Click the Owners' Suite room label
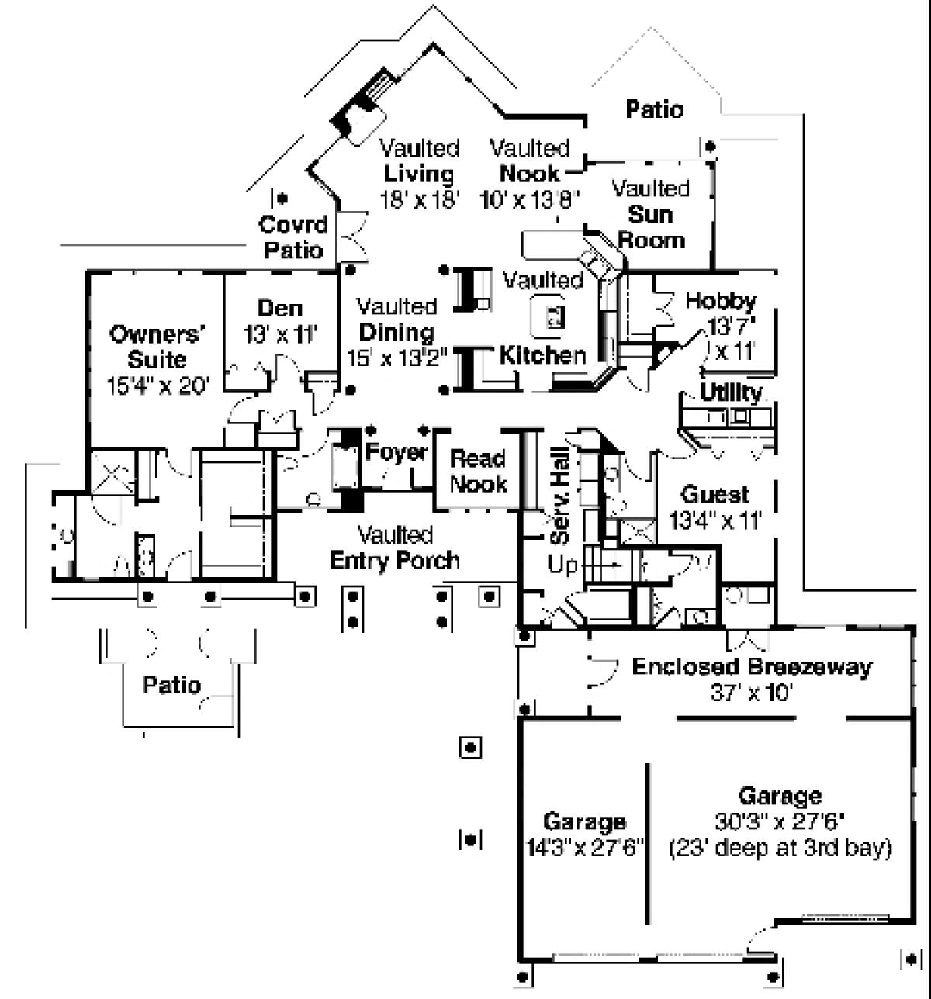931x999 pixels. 157,347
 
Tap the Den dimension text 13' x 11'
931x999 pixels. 280,335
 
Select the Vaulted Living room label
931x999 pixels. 420,161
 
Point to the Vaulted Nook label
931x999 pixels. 530,161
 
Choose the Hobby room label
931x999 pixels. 721,301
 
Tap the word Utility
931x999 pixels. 731,392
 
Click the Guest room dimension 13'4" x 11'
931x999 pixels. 715,520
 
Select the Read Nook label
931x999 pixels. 478,471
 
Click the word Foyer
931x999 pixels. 396,452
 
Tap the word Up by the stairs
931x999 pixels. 562,565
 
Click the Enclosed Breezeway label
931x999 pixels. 752,667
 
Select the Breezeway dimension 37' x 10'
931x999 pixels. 751,692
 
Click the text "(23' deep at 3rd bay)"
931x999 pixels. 780,848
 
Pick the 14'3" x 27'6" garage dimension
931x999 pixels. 585,848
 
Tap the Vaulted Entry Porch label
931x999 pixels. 395,548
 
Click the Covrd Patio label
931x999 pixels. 293,237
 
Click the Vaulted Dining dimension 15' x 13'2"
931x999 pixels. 396,358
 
